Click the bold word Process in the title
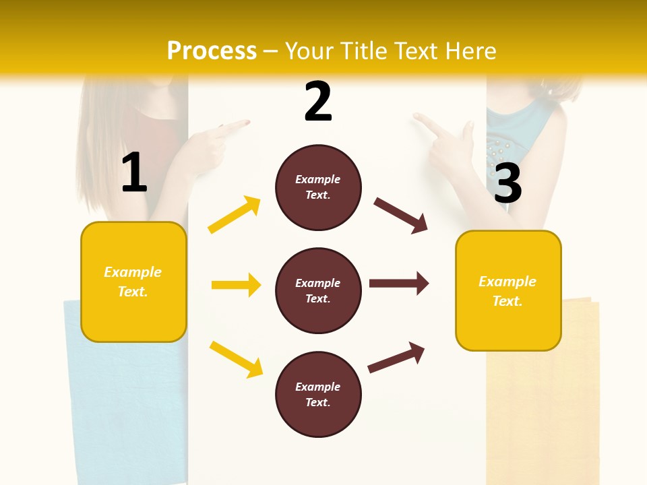(212, 51)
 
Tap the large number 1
(134, 173)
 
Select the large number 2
(318, 102)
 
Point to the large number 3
(507, 183)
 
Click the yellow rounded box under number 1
(133, 282)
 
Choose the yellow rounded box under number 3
(508, 290)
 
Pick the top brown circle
(318, 187)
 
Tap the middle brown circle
(318, 290)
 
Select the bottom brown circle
(318, 394)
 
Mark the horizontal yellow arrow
(236, 285)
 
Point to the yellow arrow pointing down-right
(236, 358)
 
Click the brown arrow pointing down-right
(400, 215)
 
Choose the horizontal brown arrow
(398, 283)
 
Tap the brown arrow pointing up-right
(396, 357)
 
